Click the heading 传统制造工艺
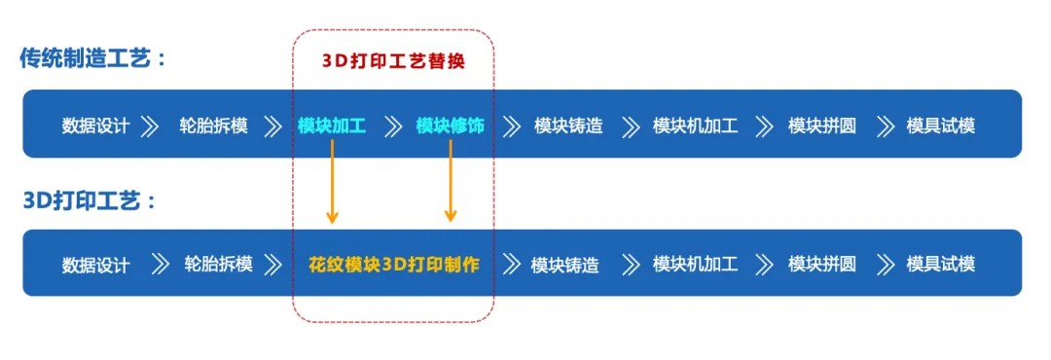[x=93, y=57]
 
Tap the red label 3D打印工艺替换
[x=393, y=60]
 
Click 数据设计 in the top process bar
[x=95, y=126]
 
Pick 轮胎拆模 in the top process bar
[x=213, y=126]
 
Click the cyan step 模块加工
[x=332, y=126]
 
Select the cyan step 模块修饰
[x=450, y=126]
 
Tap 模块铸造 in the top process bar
[x=568, y=126]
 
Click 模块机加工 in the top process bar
[x=695, y=126]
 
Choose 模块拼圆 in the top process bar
[x=822, y=126]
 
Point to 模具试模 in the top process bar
[x=940, y=126]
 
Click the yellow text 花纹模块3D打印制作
[x=393, y=264]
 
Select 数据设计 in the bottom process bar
[x=95, y=264]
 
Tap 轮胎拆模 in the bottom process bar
[x=218, y=264]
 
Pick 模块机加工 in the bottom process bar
[x=695, y=264]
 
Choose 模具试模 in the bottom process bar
[x=940, y=264]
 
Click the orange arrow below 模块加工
[x=332, y=181]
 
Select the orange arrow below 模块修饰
[x=450, y=181]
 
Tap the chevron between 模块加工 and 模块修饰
[x=393, y=126]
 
